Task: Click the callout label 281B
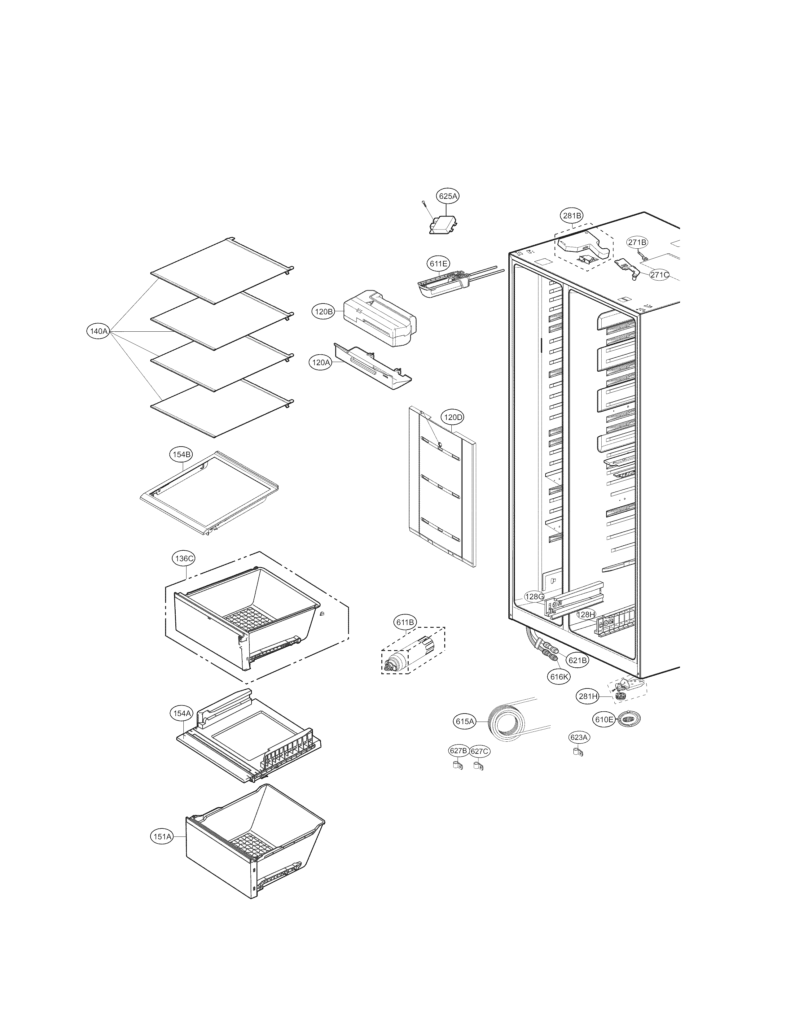[572, 216]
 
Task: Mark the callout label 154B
[180, 454]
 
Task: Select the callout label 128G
[534, 597]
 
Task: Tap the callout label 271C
[659, 275]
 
